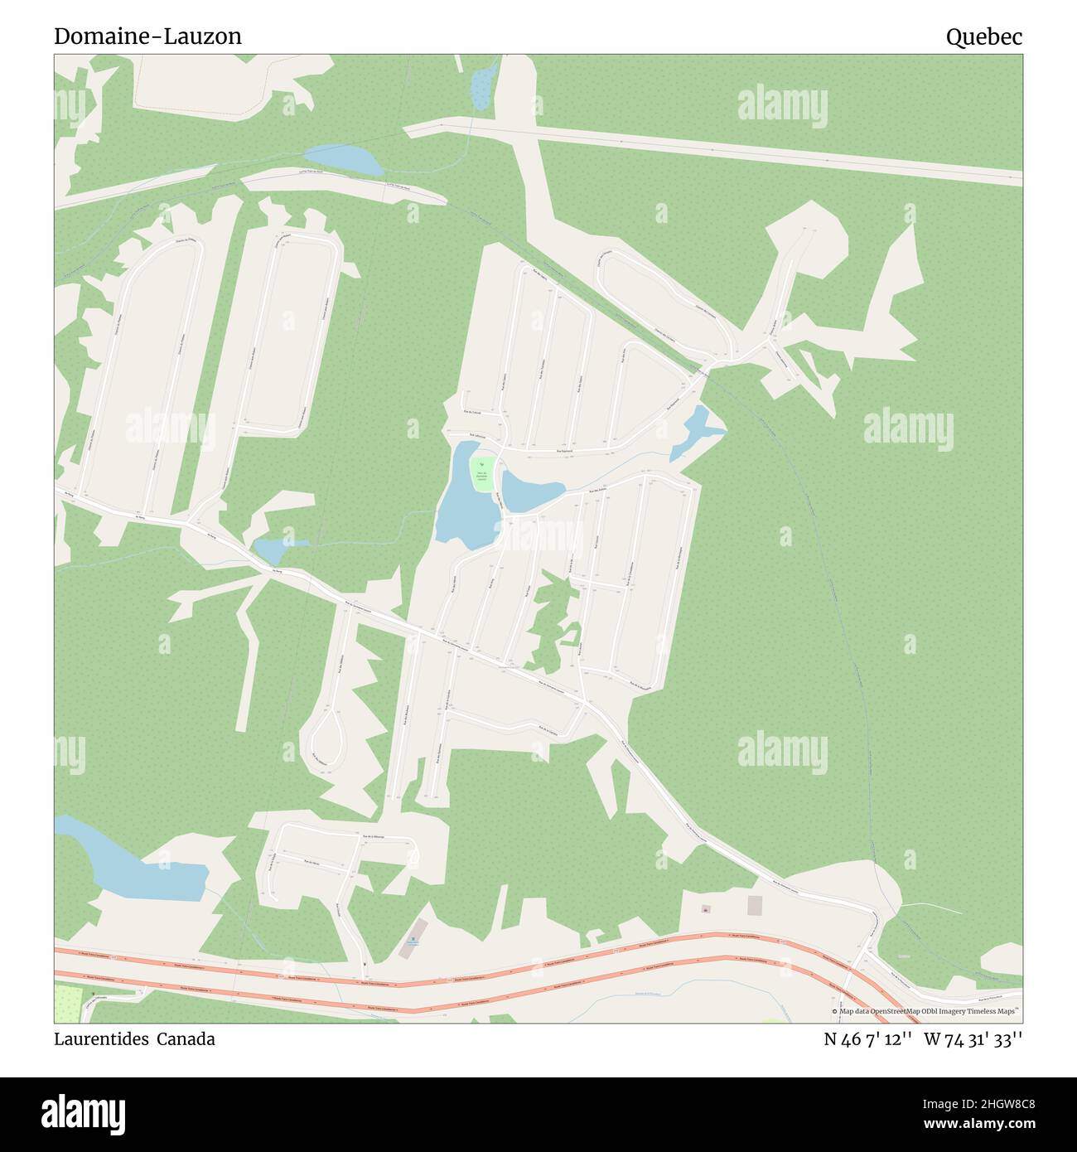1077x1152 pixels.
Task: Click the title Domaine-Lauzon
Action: coord(147,36)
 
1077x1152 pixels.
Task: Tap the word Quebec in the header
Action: coord(983,36)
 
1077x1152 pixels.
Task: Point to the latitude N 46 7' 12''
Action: coord(868,1039)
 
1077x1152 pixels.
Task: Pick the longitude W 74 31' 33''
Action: coord(973,1039)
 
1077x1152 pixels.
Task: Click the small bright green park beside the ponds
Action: coord(482,473)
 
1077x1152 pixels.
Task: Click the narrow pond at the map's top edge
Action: coord(481,84)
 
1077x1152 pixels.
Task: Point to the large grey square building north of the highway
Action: coord(754,905)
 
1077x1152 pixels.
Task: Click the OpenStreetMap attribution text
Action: coord(926,1011)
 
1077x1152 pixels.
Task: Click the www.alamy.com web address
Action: coord(974,1124)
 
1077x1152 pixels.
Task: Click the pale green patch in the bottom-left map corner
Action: coord(69,1004)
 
